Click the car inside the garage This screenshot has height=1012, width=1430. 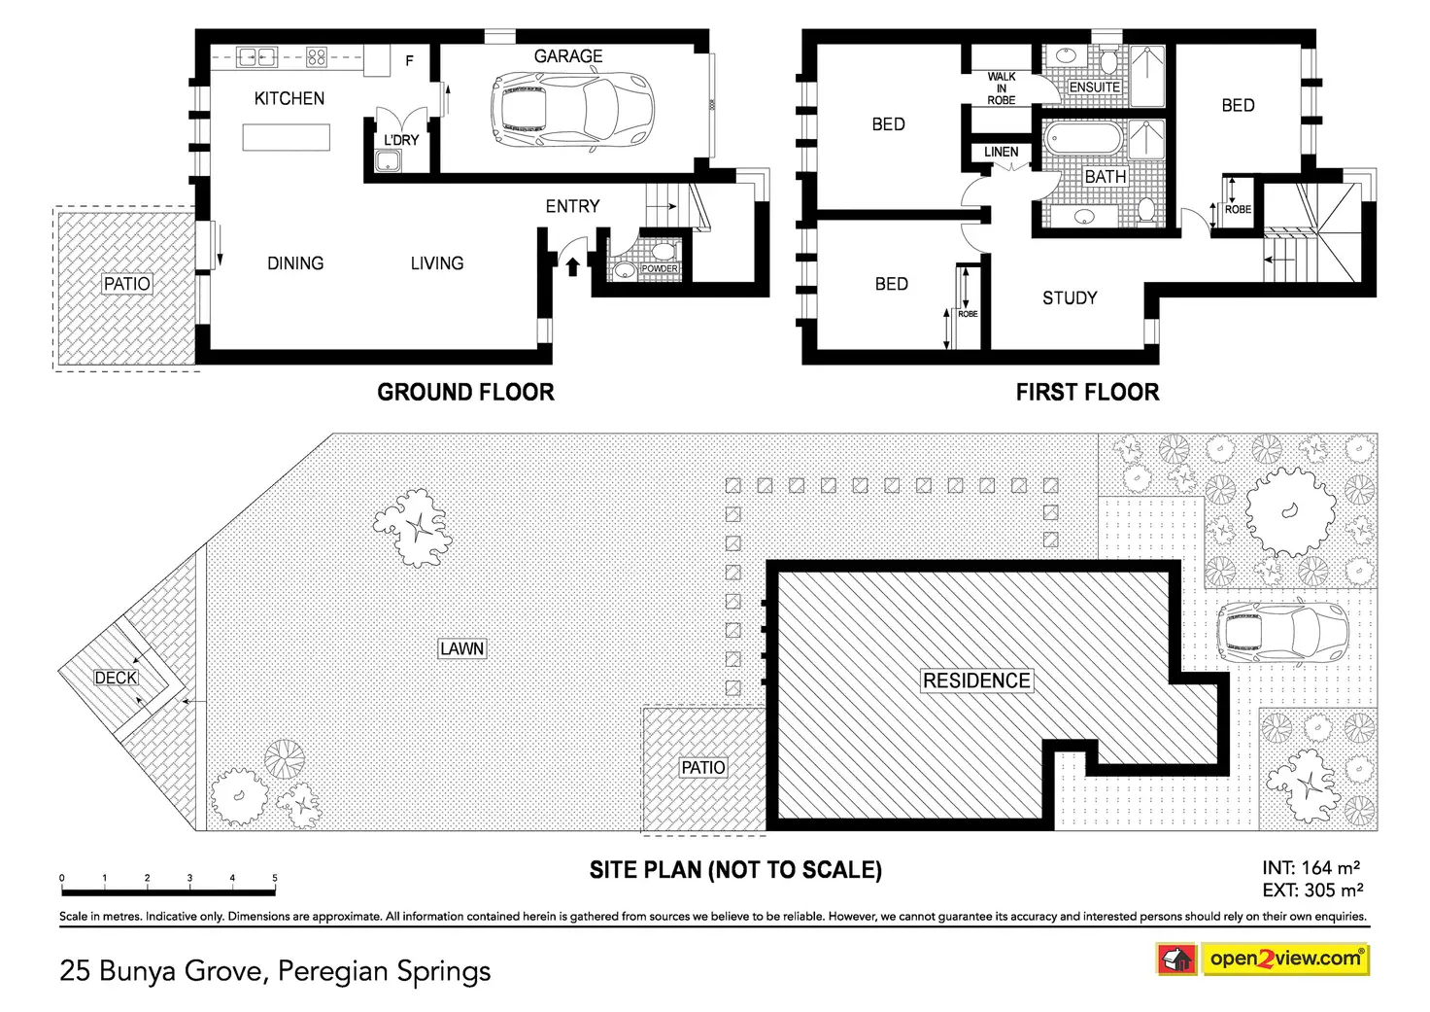pyautogui.click(x=572, y=111)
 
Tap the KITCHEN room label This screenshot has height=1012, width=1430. pyautogui.click(x=289, y=98)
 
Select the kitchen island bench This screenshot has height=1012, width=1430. pyautogui.click(x=286, y=137)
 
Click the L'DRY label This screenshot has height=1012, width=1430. pyautogui.click(x=400, y=140)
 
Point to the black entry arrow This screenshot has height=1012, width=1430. pyautogui.click(x=572, y=264)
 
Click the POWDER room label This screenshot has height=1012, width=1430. pyautogui.click(x=659, y=268)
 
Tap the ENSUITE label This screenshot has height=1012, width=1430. pyautogui.click(x=1095, y=87)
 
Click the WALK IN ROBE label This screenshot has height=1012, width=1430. pyautogui.click(x=1001, y=87)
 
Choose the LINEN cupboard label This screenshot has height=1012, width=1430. pyautogui.click(x=1001, y=152)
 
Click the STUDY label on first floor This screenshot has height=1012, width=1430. pyautogui.click(x=1070, y=298)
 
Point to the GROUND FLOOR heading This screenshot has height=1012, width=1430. pyautogui.click(x=465, y=392)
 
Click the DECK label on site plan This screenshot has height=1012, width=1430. pyautogui.click(x=116, y=678)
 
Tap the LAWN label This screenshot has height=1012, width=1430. pyautogui.click(x=461, y=648)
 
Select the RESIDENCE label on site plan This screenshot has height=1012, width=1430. pyautogui.click(x=976, y=680)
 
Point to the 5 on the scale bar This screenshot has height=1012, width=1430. pyautogui.click(x=275, y=878)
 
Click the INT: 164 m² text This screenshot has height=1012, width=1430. pyautogui.click(x=1311, y=868)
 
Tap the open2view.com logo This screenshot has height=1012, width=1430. pyautogui.click(x=1262, y=959)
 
